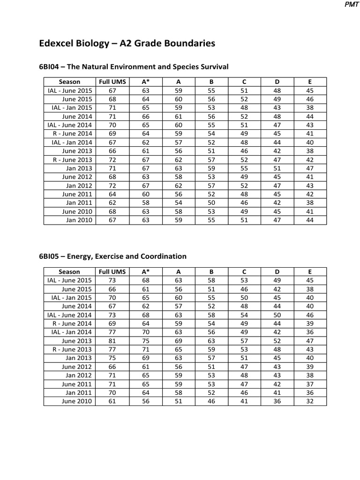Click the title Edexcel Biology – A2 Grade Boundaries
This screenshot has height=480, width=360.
point(127,44)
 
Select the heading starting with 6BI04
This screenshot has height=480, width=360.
point(133,67)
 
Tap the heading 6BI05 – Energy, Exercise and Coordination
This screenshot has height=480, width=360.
point(112,256)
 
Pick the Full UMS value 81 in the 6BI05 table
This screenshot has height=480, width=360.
point(112,341)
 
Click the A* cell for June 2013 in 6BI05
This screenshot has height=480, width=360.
point(145,341)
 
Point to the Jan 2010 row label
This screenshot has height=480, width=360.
point(79,220)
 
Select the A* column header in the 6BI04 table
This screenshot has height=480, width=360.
point(145,82)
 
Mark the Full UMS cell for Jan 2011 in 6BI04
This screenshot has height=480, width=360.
point(112,202)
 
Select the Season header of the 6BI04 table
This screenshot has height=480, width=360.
point(69,82)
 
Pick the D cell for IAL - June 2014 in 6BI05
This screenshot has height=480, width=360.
point(277,315)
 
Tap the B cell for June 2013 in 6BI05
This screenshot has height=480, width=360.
point(211,341)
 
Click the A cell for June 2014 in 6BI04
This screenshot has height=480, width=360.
point(178,116)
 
